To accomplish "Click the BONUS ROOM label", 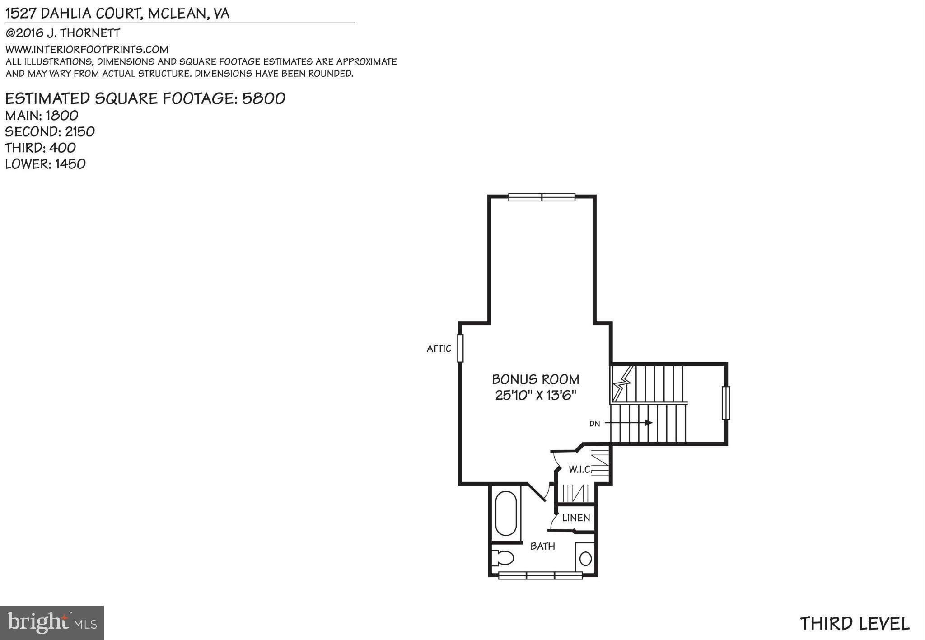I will [x=535, y=379].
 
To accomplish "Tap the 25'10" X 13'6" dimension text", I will [x=535, y=396].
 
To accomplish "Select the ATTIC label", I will [x=439, y=349].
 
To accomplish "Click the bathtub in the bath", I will [x=506, y=514].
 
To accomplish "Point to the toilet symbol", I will [x=503, y=558].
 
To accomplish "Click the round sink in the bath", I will [x=585, y=559].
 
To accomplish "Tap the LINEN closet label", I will [x=576, y=518].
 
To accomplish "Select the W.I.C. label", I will [x=580, y=470].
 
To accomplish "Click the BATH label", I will [x=542, y=547].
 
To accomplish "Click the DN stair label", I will [x=594, y=424].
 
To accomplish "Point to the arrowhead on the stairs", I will [x=649, y=423].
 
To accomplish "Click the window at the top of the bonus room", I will [x=542, y=197].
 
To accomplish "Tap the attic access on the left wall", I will [x=460, y=348].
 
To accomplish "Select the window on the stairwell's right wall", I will [x=725, y=403].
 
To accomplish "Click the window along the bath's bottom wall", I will [x=540, y=575].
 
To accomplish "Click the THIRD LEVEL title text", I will [x=855, y=624].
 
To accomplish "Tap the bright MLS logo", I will [x=52, y=623].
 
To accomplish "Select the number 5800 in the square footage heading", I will [x=264, y=98].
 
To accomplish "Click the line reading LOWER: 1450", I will [x=45, y=164].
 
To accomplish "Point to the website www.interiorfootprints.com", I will [x=87, y=49].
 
